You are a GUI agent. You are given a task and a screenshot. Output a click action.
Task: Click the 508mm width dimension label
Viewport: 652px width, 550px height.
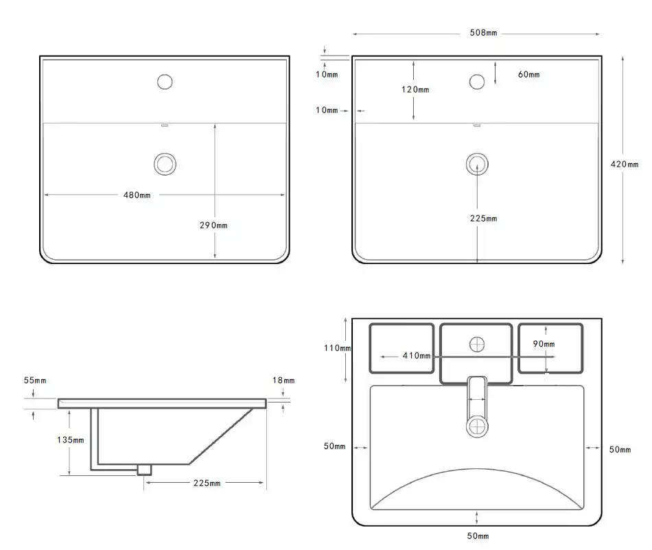click(483, 33)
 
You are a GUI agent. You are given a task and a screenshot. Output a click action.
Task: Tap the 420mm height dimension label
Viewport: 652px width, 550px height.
click(624, 164)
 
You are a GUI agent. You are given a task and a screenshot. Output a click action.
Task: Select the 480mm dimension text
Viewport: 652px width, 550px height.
click(137, 195)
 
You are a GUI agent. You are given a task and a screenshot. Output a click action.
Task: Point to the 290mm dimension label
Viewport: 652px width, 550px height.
click(214, 224)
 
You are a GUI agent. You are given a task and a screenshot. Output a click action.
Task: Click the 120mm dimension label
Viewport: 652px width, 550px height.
click(415, 90)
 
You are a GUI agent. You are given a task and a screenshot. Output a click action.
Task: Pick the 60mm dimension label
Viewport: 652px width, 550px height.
click(528, 74)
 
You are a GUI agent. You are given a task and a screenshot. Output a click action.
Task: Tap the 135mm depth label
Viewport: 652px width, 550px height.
click(71, 440)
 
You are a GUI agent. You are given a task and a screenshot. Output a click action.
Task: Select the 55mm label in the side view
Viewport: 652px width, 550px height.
click(34, 380)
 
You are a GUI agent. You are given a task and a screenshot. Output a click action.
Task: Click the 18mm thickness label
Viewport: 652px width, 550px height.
click(283, 380)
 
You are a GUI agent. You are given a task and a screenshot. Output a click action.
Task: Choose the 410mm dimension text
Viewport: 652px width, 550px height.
click(417, 356)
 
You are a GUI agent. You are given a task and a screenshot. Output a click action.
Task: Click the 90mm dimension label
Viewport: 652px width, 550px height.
click(544, 344)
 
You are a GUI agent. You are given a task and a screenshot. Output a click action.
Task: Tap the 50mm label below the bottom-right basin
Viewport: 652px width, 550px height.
click(478, 536)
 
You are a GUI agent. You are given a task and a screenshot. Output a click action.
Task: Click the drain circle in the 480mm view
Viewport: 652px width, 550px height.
click(165, 163)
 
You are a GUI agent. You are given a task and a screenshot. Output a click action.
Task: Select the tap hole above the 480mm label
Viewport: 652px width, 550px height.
click(165, 82)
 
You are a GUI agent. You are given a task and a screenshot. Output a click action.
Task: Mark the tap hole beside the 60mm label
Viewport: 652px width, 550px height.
click(477, 82)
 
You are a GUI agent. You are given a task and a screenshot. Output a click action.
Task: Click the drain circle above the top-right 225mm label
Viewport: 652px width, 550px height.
click(477, 163)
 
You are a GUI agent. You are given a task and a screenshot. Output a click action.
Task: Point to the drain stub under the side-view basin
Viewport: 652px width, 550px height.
click(144, 469)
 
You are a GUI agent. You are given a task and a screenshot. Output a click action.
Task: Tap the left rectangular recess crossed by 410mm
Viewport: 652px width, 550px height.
click(402, 348)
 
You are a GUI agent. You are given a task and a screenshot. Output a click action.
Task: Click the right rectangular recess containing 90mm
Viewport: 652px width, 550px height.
click(550, 348)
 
